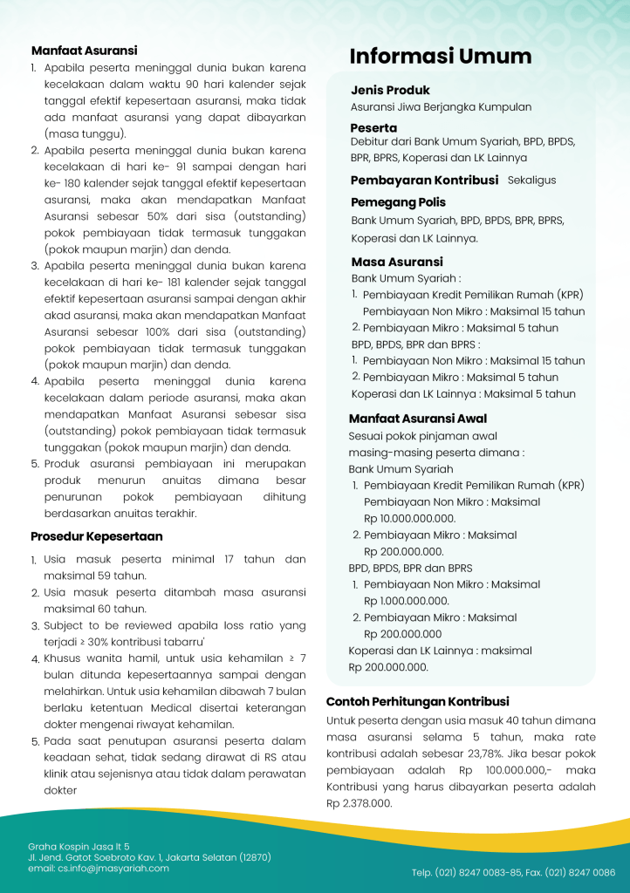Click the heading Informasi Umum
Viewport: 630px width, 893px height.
point(441,58)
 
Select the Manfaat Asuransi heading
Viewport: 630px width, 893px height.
point(84,51)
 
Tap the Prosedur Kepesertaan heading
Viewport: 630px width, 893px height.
point(96,536)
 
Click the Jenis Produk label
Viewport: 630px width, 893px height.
point(390,91)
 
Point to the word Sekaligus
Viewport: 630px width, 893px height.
point(531,181)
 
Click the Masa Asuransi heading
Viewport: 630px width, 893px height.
point(397,262)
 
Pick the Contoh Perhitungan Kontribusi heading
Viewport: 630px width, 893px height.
point(417,702)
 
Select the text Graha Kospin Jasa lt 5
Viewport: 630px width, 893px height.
point(79,846)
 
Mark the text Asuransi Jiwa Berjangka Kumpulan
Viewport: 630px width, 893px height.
point(441,107)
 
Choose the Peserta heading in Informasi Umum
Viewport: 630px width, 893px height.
point(373,128)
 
